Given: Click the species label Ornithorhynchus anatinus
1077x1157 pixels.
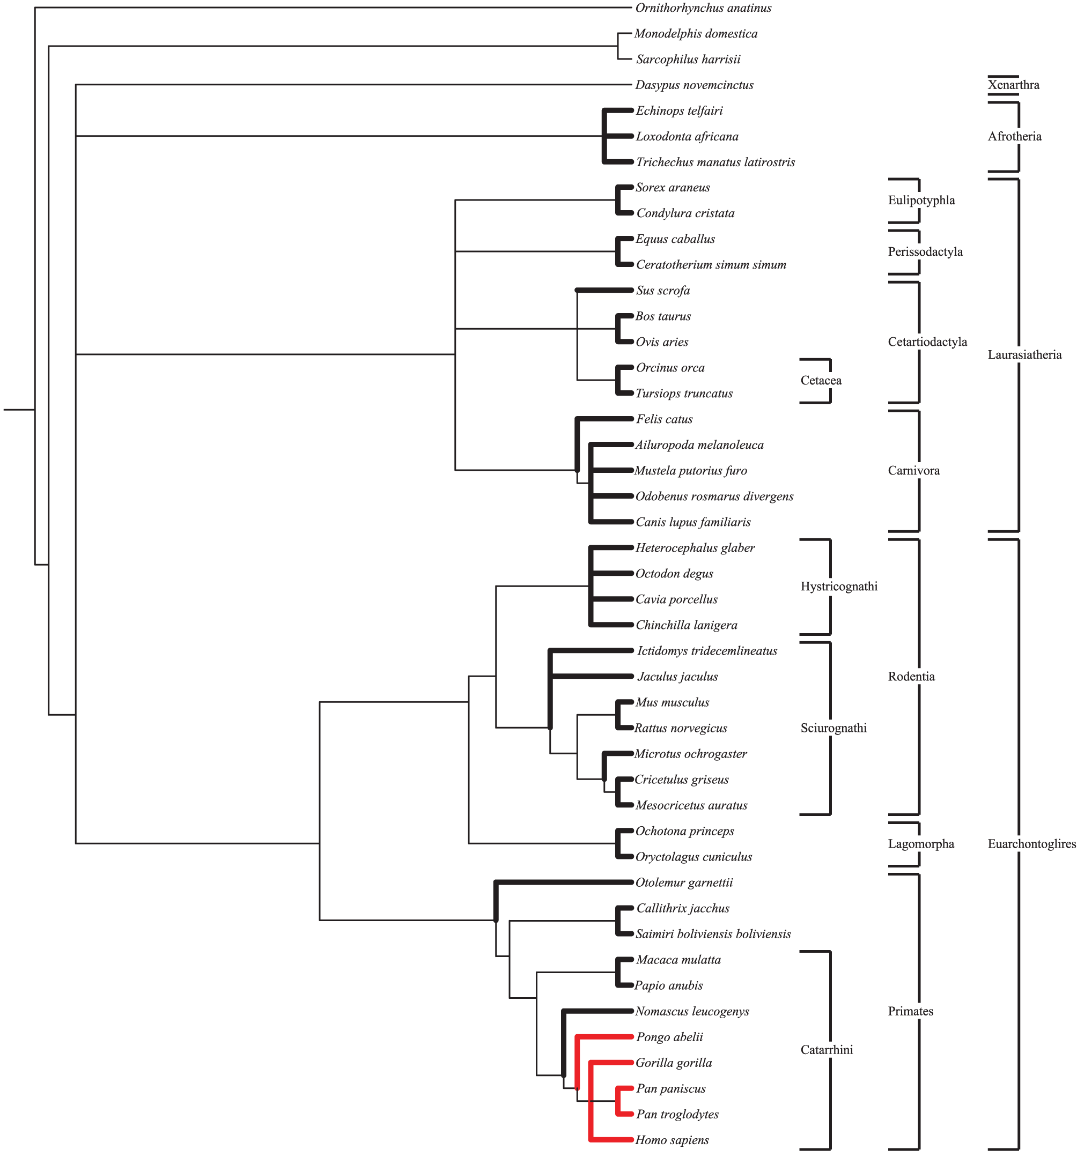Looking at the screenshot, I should pyautogui.click(x=703, y=8).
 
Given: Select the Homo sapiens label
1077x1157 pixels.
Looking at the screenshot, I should pyautogui.click(x=672, y=1139).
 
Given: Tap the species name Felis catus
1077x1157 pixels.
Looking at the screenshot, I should pyautogui.click(x=663, y=419).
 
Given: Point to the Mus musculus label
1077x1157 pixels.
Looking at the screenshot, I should pyautogui.click(x=672, y=702).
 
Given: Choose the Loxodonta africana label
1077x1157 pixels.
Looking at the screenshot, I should pyautogui.click(x=687, y=136).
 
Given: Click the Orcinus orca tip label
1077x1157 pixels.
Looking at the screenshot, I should pyautogui.click(x=669, y=368).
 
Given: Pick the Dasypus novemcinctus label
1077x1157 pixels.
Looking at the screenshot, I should pyautogui.click(x=694, y=85).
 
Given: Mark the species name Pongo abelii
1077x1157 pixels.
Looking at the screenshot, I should pyautogui.click(x=669, y=1036).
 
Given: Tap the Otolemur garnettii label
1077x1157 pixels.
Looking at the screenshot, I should pyautogui.click(x=683, y=882).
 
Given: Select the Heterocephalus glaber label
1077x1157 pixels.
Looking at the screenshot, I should pyautogui.click(x=695, y=547).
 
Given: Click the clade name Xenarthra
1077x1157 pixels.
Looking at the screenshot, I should pyautogui.click(x=1013, y=85).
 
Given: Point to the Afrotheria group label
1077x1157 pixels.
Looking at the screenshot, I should pyautogui.click(x=1014, y=136).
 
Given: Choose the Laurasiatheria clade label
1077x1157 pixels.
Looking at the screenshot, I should pyautogui.click(x=1024, y=354).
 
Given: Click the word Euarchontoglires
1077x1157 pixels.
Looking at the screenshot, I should pyautogui.click(x=1031, y=843).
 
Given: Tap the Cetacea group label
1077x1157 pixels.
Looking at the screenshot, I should pyautogui.click(x=820, y=381).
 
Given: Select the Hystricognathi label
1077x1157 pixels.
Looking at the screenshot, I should pyautogui.click(x=838, y=586).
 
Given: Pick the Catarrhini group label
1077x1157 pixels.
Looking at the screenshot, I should pyautogui.click(x=826, y=1049).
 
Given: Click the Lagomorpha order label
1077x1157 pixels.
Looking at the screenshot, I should pyautogui.click(x=920, y=843).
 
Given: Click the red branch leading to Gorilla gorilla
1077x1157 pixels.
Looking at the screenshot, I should pyautogui.click(x=611, y=1063).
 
